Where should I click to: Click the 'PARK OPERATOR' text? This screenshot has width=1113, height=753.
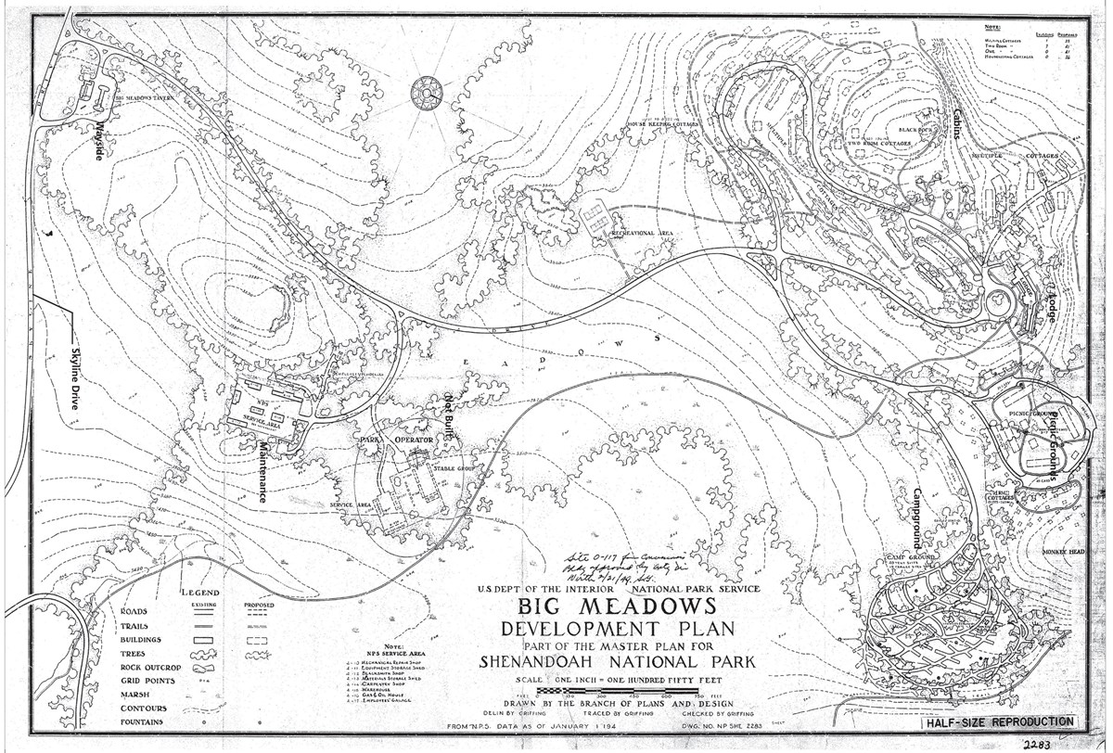(397, 439)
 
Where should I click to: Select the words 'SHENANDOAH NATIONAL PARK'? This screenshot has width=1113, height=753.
(618, 662)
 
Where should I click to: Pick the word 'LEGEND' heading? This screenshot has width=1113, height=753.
(200, 593)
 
